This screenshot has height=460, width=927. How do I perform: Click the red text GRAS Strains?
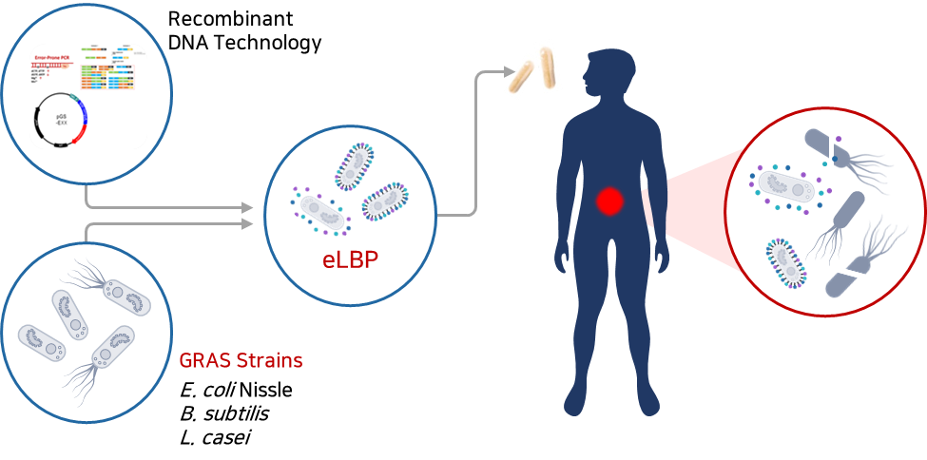241,361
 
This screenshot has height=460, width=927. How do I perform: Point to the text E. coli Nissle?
235,390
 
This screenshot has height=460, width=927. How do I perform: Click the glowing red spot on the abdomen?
608,201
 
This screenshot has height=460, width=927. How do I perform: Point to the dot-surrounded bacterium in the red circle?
786,184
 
